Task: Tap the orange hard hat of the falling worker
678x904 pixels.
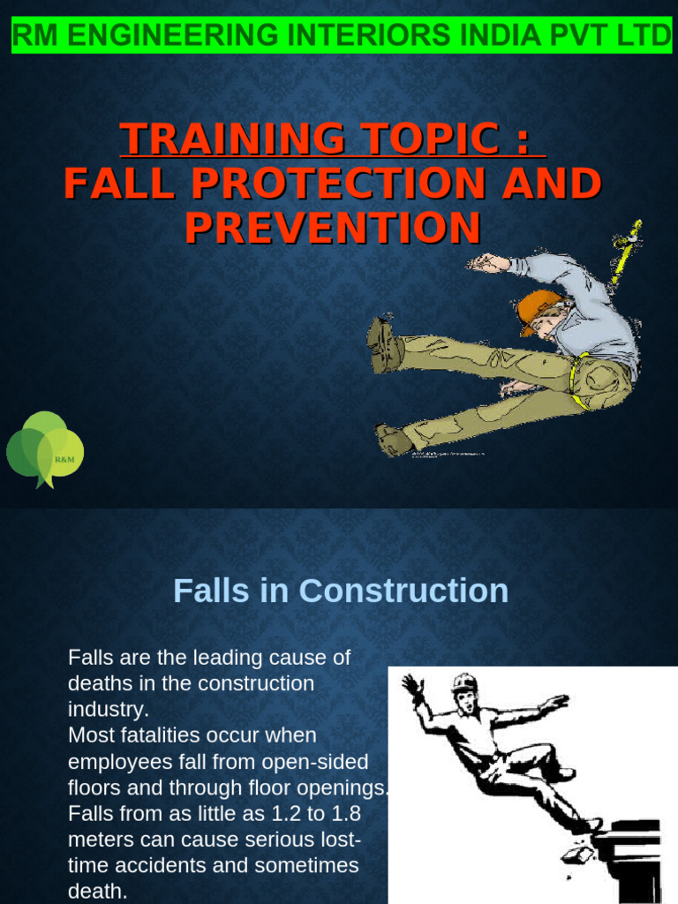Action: coord(537,308)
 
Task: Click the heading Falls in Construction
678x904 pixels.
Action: coord(341,591)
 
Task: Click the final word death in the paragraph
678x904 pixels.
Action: coord(97,891)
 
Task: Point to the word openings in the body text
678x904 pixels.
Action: coord(347,787)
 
